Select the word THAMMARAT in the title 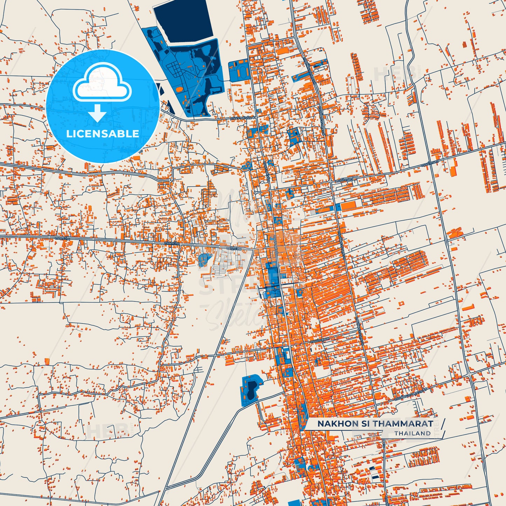pyautogui.click(x=402, y=424)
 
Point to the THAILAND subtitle pyautogui.click(x=413, y=434)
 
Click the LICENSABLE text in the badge pyautogui.click(x=103, y=134)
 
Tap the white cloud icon pyautogui.click(x=102, y=83)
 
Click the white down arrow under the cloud pyautogui.click(x=98, y=113)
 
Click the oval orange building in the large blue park pyautogui.click(x=179, y=90)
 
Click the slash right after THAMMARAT pyautogui.click(x=443, y=423)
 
